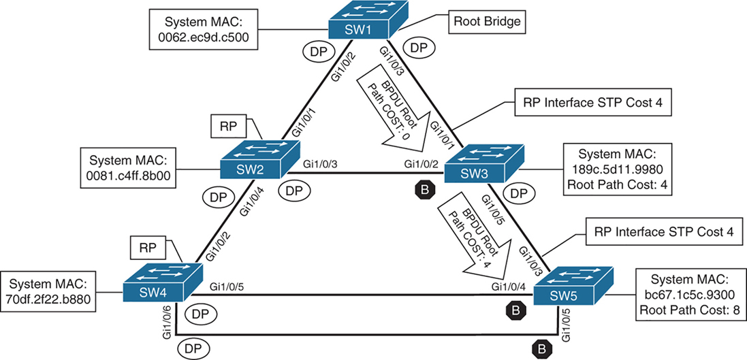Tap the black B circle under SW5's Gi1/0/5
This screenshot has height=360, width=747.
541,348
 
